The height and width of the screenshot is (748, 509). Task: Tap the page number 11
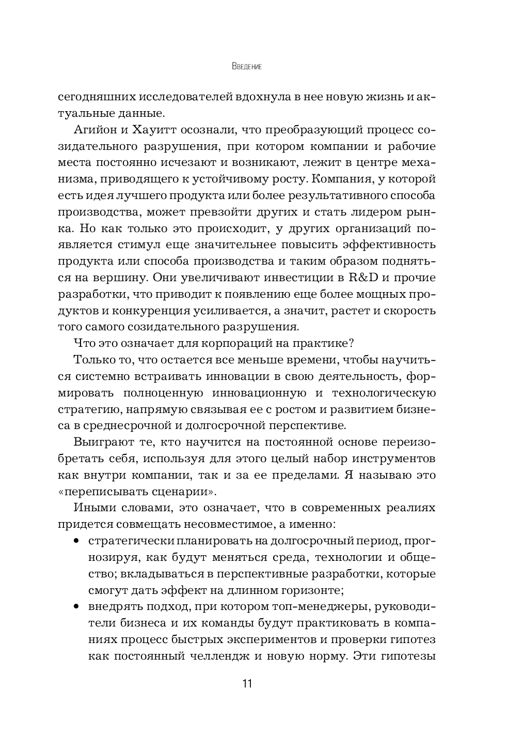(x=247, y=683)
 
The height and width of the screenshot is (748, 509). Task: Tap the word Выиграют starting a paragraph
(x=101, y=442)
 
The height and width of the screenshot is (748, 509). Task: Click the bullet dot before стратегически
(x=77, y=541)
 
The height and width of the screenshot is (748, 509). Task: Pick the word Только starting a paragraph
(x=94, y=360)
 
